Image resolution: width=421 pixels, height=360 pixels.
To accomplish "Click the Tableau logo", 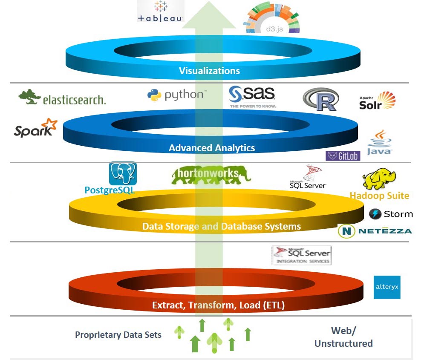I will [160, 12].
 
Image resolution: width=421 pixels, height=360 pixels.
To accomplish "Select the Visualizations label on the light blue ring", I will [209, 71].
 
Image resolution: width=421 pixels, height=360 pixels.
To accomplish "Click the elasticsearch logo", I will [62, 98].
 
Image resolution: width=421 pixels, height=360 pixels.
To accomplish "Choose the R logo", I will [321, 100].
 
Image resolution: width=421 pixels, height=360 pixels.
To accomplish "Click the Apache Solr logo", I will [377, 101].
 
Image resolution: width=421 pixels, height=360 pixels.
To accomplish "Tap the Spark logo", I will [35, 128].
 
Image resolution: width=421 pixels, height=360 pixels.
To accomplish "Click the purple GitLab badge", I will [343, 156].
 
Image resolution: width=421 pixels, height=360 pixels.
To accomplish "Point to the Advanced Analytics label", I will [212, 148].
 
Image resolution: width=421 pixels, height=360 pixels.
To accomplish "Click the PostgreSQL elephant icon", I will [123, 173].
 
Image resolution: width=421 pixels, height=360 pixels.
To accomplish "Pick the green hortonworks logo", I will [211, 175].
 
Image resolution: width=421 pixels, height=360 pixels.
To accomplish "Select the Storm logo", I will [391, 214].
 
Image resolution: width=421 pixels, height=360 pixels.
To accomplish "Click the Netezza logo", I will [375, 231].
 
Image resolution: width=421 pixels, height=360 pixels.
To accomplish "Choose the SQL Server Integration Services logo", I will [302, 255].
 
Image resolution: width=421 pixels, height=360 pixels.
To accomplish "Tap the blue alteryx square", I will [387, 287].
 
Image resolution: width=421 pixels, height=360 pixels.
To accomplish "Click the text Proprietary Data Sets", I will [118, 335].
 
